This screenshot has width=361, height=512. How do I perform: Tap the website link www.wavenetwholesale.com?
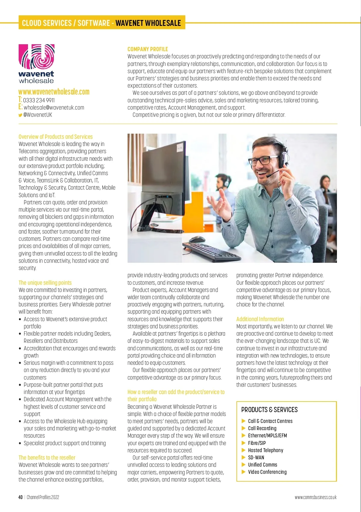click(54, 92)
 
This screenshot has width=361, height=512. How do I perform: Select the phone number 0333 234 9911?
click(39, 100)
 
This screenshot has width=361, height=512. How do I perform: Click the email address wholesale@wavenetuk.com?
click(54, 107)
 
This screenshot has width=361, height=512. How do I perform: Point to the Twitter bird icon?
click(20, 115)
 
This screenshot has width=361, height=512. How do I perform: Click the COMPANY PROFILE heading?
click(147, 49)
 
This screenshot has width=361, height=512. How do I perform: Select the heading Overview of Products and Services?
click(56, 137)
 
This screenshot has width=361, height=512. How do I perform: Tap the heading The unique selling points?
click(45, 283)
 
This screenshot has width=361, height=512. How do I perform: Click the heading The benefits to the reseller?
click(47, 458)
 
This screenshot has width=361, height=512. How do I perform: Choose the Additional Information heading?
click(260, 319)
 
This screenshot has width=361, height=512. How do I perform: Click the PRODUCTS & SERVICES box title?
click(269, 410)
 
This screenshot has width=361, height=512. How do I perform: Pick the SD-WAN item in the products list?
click(256, 458)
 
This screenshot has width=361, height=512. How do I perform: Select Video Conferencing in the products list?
click(267, 472)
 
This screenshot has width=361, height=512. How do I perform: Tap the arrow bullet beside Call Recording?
click(244, 428)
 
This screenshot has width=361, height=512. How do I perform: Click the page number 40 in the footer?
click(20, 497)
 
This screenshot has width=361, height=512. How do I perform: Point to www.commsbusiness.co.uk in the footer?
click(316, 497)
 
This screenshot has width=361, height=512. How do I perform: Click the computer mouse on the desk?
click(197, 240)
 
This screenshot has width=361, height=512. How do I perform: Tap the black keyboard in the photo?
click(211, 250)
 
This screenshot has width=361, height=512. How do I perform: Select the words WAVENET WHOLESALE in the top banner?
click(148, 23)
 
